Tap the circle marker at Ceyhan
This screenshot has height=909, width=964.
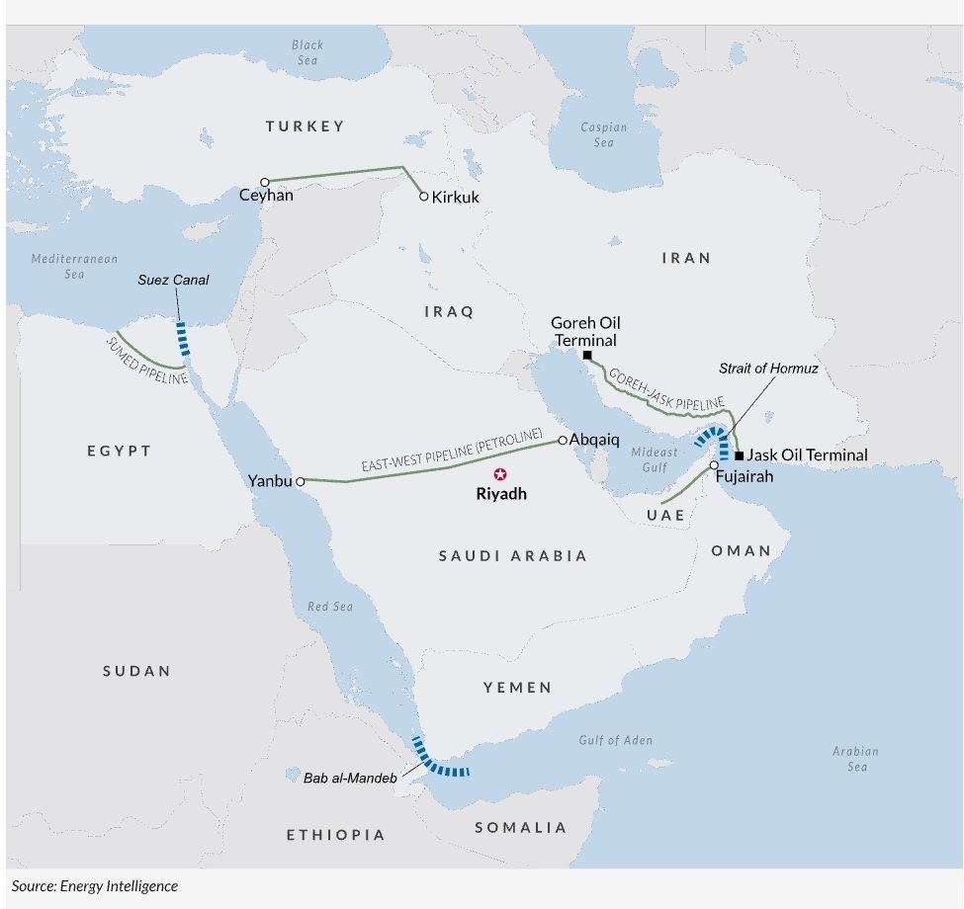[265, 182]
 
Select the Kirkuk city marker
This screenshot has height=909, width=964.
[424, 197]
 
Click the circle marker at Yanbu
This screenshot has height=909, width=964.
[300, 481]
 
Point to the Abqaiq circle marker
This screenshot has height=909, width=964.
[563, 440]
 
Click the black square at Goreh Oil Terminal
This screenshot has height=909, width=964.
[587, 355]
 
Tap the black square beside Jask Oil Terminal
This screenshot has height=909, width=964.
[739, 455]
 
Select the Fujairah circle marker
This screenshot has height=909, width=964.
[713, 464]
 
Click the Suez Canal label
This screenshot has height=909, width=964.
[173, 280]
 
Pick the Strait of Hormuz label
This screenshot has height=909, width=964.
[768, 368]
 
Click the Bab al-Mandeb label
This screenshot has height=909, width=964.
[351, 779]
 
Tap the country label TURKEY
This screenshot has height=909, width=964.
[305, 126]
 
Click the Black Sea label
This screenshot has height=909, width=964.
[307, 52]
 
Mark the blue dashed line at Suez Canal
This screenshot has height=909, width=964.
[182, 338]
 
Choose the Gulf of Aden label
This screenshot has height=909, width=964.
[615, 740]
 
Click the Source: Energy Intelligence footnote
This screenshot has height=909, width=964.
[95, 886]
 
